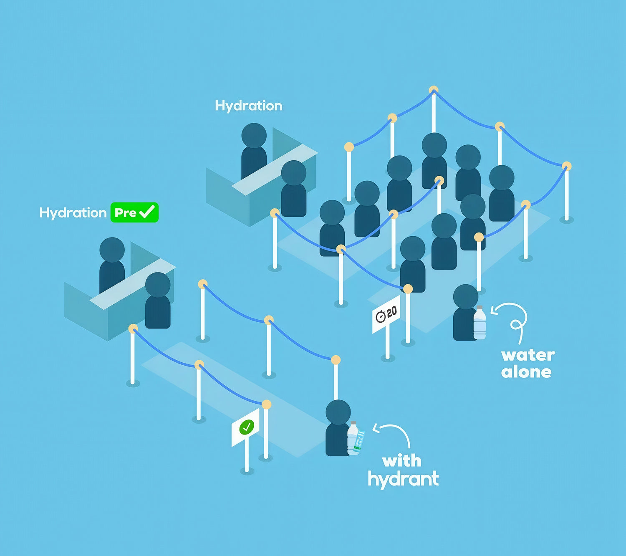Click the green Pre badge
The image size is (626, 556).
coord(134,212)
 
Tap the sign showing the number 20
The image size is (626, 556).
coord(386,314)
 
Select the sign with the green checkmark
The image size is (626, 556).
coord(245,427)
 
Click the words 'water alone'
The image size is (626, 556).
coord(528,364)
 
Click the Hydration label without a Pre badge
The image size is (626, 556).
coord(248,106)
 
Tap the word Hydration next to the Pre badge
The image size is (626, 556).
coord(73,213)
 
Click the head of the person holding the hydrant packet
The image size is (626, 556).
coord(338,412)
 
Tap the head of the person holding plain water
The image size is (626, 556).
coord(466,297)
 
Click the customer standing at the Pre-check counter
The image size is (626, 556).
coord(158,300)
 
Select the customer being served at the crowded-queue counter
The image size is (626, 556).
coord(293,188)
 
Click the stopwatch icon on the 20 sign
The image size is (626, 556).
coord(380,316)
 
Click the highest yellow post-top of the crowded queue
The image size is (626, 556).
coord(434,90)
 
